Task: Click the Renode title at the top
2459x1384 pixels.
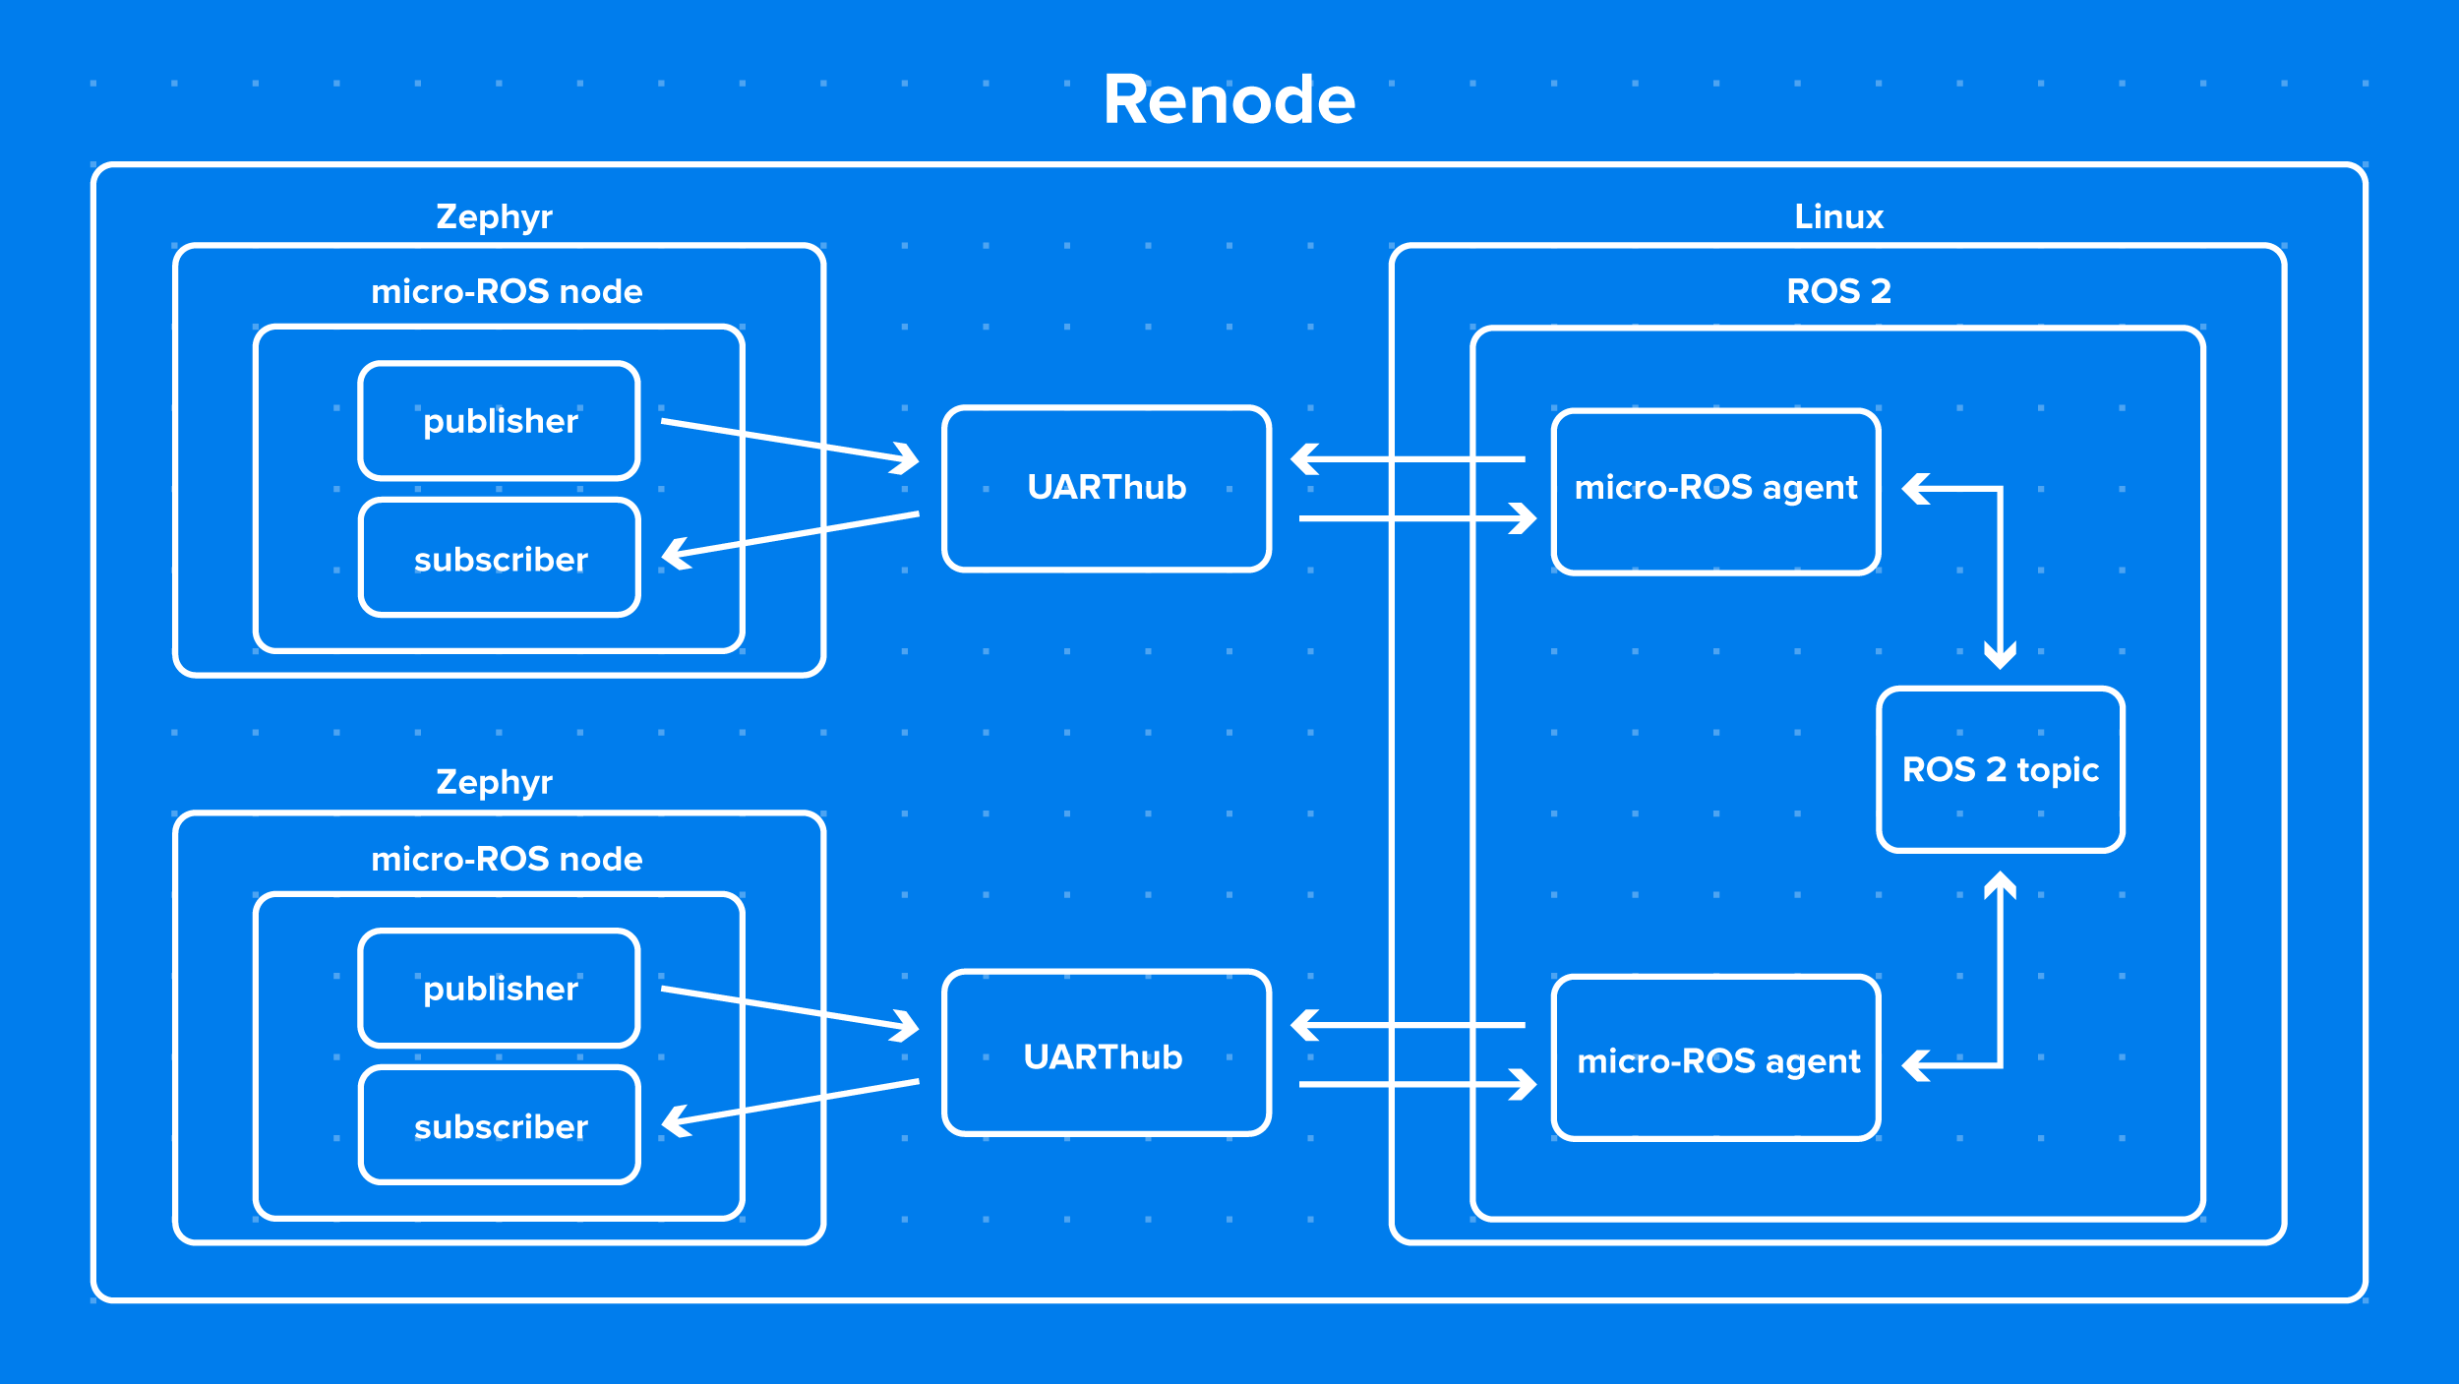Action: click(x=1229, y=100)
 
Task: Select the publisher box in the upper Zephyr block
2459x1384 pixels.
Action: click(x=500, y=421)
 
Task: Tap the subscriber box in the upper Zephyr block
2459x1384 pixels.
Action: click(x=500, y=559)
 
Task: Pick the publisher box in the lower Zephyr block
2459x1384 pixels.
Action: click(x=500, y=989)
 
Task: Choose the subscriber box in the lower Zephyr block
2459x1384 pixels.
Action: click(x=500, y=1126)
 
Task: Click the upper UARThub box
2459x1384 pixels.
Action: click(x=1107, y=488)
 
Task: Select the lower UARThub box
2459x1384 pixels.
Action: click(x=1107, y=1055)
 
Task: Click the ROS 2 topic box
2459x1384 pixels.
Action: click(x=2001, y=769)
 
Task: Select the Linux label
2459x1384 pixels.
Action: click(x=1838, y=216)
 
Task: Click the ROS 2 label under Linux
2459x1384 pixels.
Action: click(x=1838, y=291)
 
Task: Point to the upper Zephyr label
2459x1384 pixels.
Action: click(x=494, y=216)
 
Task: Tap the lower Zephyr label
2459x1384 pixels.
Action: click(x=494, y=782)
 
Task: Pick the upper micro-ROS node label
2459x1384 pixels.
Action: click(x=507, y=291)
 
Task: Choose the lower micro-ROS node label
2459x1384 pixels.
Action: click(x=507, y=859)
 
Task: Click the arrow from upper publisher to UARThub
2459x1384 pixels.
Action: click(x=787, y=440)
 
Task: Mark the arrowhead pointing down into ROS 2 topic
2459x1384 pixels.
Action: click(x=2000, y=653)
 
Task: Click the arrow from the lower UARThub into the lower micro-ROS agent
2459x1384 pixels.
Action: click(x=1416, y=1084)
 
